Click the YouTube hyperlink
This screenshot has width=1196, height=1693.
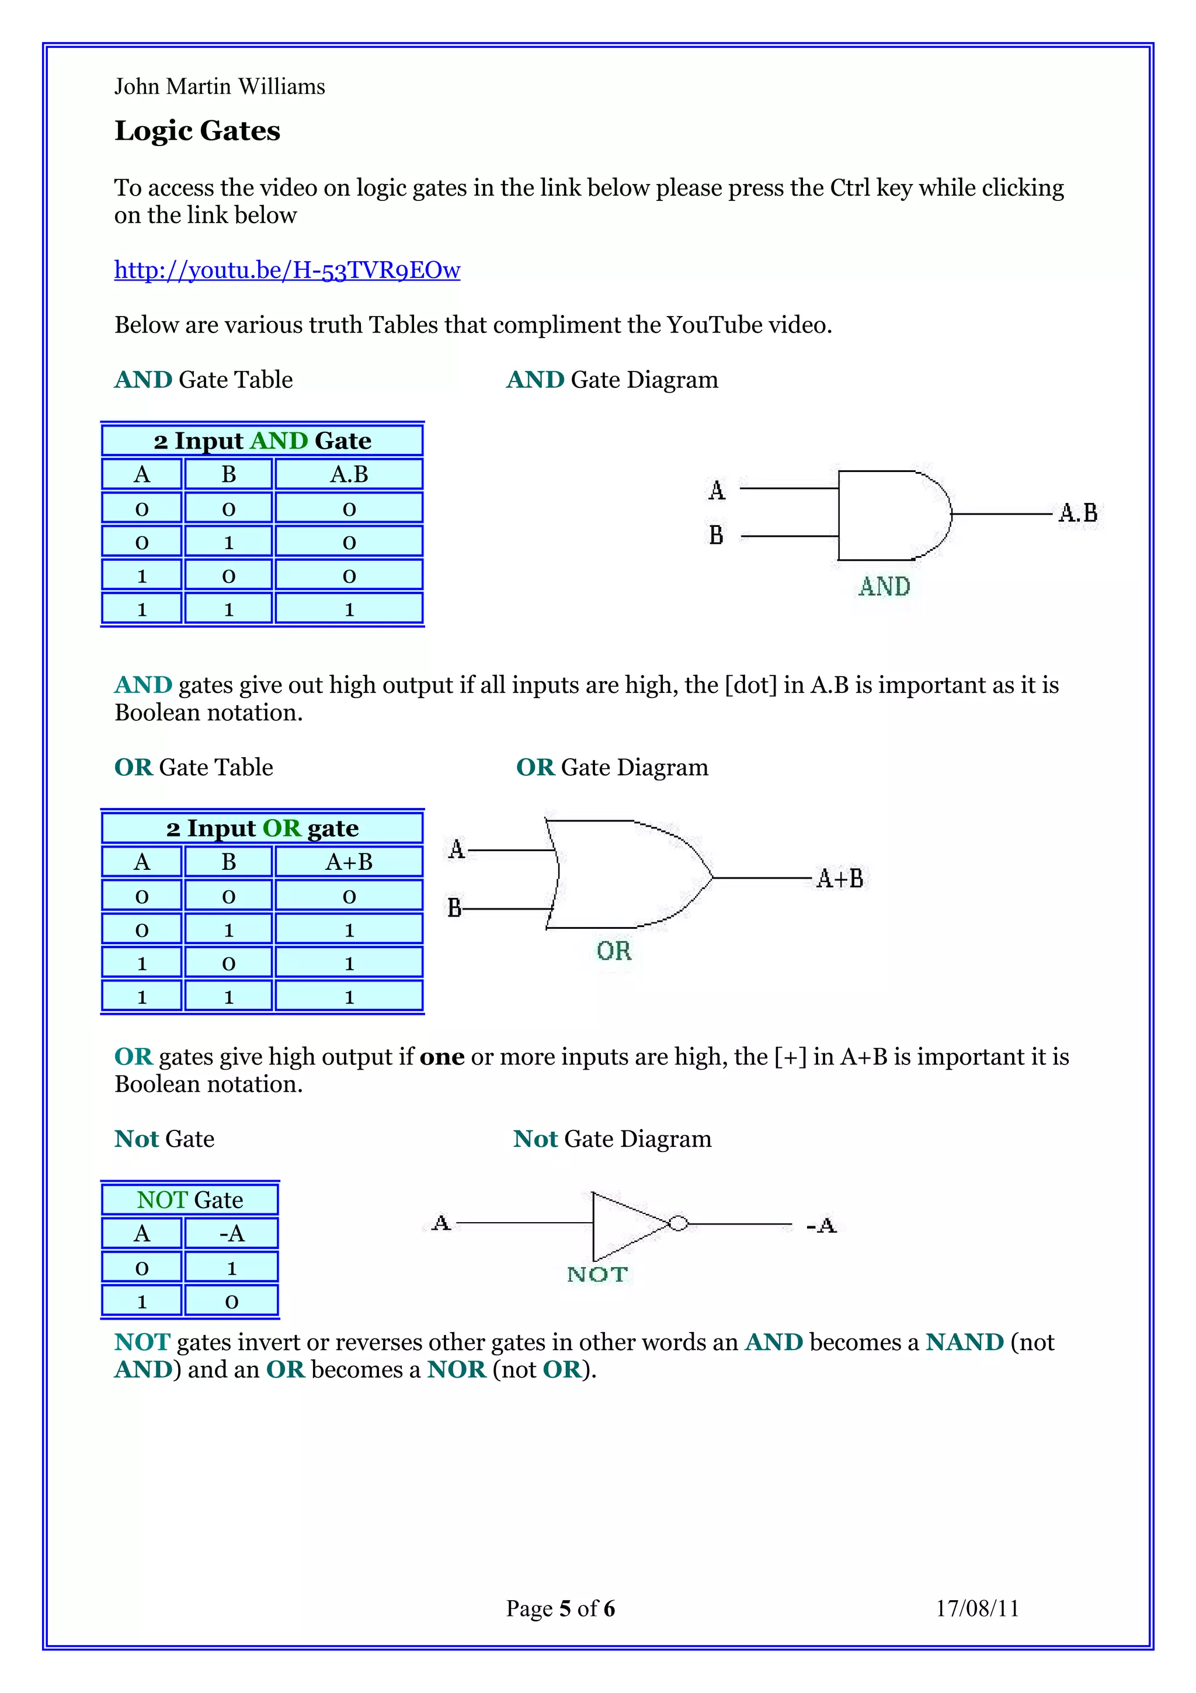tap(287, 270)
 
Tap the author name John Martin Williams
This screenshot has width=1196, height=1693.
tap(220, 87)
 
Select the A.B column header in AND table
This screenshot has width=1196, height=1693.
tap(349, 474)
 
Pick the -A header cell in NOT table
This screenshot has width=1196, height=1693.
tap(231, 1233)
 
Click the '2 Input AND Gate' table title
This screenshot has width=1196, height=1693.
tap(262, 440)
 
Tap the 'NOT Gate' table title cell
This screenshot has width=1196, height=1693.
tap(190, 1200)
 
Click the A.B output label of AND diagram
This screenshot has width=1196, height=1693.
tap(1077, 512)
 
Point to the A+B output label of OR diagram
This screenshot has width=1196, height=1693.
tap(840, 878)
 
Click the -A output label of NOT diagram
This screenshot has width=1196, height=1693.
tap(822, 1226)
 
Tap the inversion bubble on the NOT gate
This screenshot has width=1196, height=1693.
tap(678, 1223)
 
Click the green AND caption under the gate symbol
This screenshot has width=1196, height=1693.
tap(884, 587)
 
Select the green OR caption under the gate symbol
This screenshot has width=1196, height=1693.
tap(614, 951)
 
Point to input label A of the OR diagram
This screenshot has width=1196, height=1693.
tap(457, 849)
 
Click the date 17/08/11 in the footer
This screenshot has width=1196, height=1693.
tap(977, 1609)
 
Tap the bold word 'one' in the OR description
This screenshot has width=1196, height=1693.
tap(442, 1057)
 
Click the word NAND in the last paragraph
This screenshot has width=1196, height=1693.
tap(965, 1342)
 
